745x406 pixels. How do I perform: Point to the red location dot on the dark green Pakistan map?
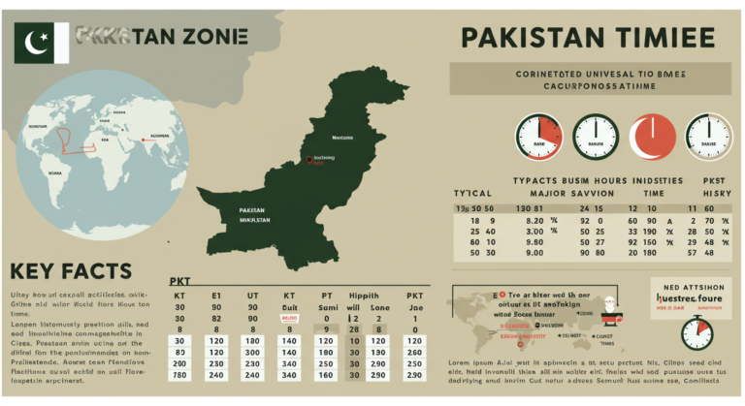point(308,159)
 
